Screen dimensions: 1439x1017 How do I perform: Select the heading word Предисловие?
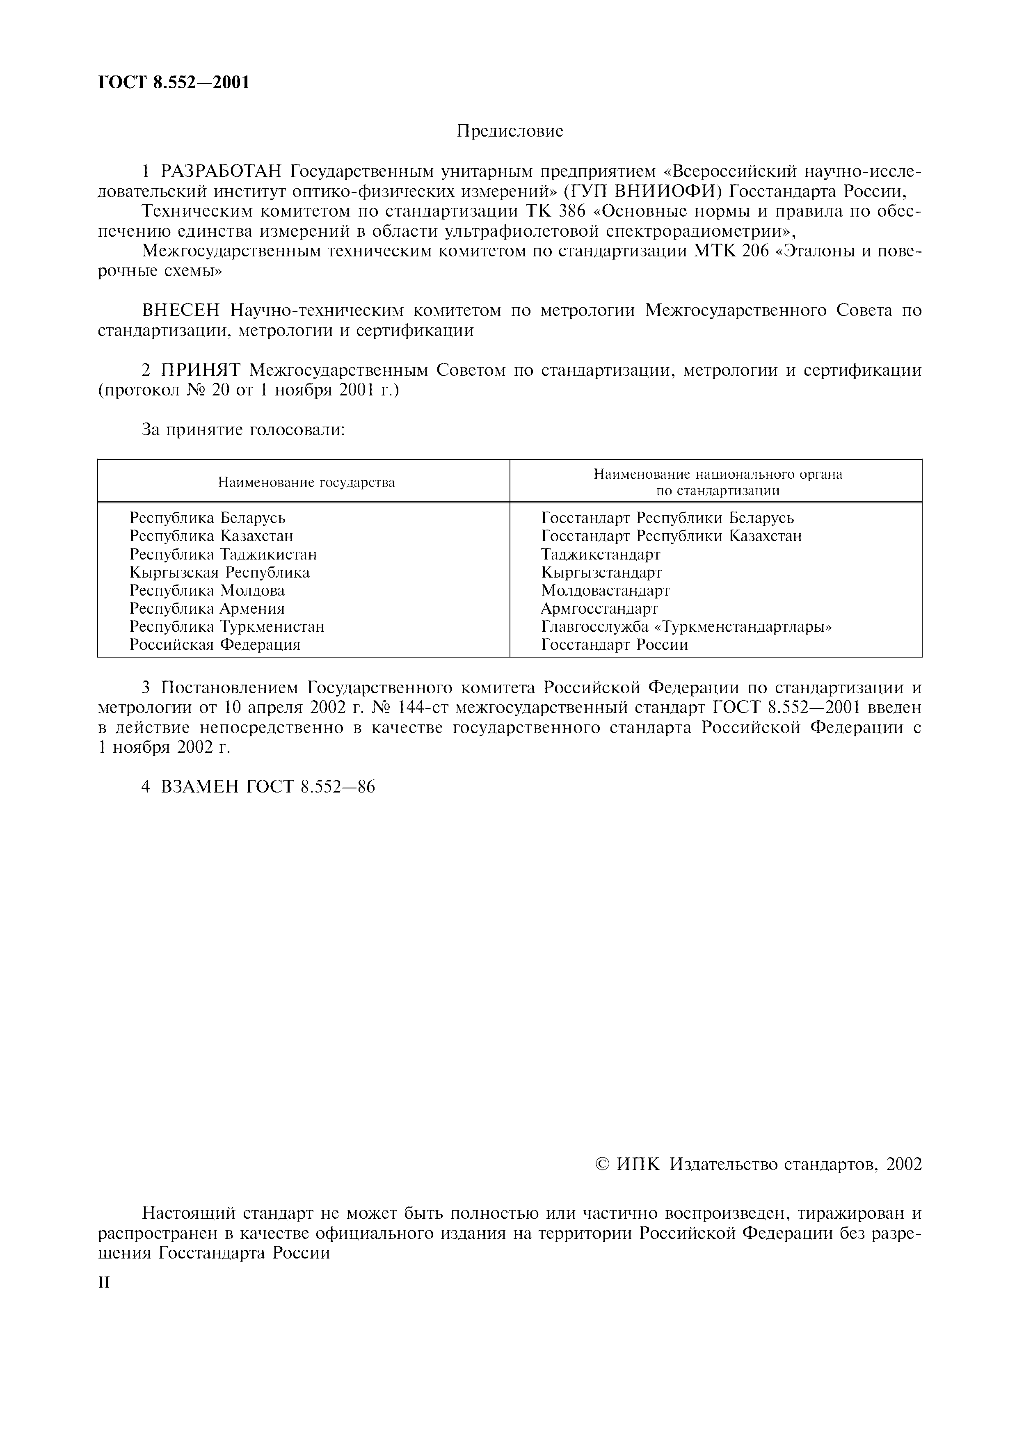click(x=510, y=131)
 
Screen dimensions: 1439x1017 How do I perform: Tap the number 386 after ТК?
click(x=572, y=211)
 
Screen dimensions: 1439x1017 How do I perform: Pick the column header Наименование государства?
click(x=306, y=482)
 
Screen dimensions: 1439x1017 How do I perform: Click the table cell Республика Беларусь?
click(x=208, y=518)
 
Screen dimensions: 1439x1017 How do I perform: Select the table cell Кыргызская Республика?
click(x=219, y=573)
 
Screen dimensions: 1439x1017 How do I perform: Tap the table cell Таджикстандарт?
click(x=600, y=555)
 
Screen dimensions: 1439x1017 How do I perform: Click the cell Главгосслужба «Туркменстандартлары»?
click(x=686, y=627)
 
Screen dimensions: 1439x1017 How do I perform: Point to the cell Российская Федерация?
click(x=215, y=645)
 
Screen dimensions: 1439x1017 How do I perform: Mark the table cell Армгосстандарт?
click(x=599, y=609)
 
